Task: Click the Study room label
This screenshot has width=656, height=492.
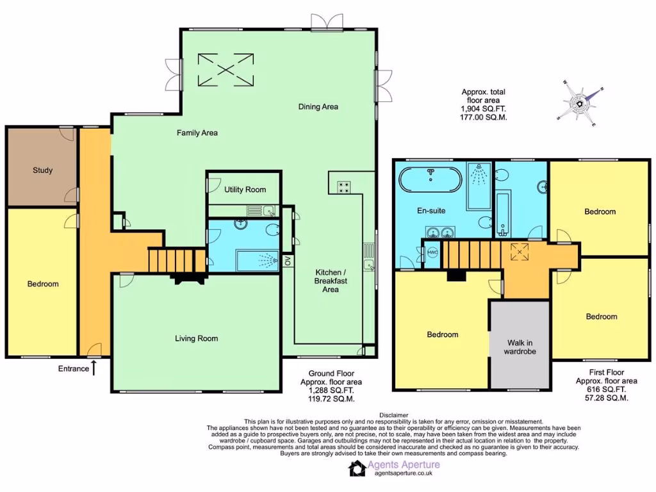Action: pyautogui.click(x=43, y=170)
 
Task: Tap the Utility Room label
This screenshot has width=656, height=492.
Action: pyautogui.click(x=245, y=190)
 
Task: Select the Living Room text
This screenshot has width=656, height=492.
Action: pyautogui.click(x=197, y=338)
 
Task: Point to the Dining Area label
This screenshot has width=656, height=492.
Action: pyautogui.click(x=318, y=107)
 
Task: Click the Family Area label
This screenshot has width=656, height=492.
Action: pyautogui.click(x=197, y=133)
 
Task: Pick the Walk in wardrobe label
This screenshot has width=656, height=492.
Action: pyautogui.click(x=520, y=347)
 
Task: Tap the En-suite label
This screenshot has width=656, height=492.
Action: pyautogui.click(x=431, y=210)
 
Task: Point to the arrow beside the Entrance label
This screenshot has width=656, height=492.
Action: pyautogui.click(x=94, y=368)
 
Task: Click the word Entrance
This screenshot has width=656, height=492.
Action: pyautogui.click(x=73, y=368)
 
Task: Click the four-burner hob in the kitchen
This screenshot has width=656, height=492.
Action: pyautogui.click(x=343, y=187)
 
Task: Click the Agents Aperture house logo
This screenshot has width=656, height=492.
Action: pyautogui.click(x=357, y=468)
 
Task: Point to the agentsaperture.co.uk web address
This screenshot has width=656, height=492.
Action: pyautogui.click(x=404, y=473)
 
